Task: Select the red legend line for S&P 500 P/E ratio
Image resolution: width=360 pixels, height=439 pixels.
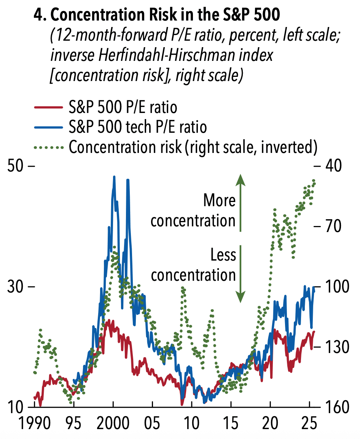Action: pos(48,107)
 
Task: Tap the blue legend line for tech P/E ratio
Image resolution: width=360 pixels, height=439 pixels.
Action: pos(48,127)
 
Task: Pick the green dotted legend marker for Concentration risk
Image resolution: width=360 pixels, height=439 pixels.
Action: pos(48,147)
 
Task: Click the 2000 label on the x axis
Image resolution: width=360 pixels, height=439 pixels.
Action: pos(113,423)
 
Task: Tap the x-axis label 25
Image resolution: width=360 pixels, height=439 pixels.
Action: pos(309,423)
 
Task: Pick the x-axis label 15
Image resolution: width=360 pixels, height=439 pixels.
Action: pos(231,423)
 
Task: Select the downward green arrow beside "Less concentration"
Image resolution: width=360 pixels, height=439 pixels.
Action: pos(241,274)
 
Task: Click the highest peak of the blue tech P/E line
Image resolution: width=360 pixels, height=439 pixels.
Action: pos(114,177)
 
